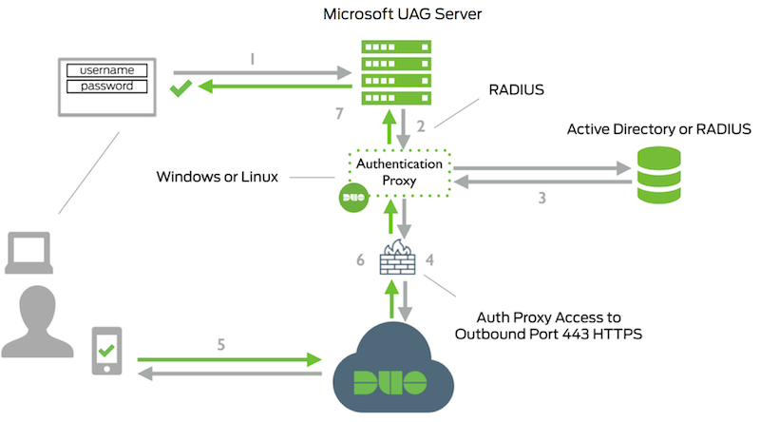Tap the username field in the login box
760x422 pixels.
tap(105, 70)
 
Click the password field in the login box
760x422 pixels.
tap(105, 86)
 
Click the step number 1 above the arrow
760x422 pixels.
tap(252, 58)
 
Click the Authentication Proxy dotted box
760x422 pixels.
tap(398, 172)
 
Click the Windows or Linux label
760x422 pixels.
tap(219, 177)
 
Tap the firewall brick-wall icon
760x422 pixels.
tap(398, 257)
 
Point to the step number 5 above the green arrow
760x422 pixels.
tap(221, 345)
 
